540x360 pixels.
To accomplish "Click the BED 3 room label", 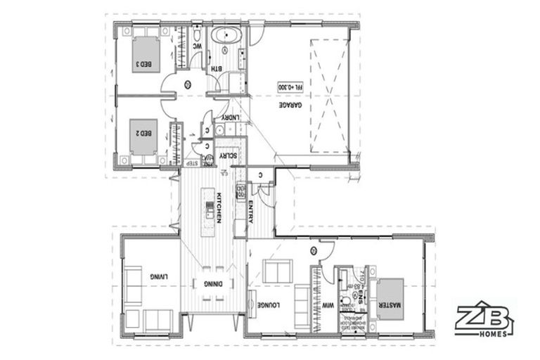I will point(143,65).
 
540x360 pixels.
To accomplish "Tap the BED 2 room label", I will point(143,132).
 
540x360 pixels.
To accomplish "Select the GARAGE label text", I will point(285,114).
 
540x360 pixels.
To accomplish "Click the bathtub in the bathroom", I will point(226,35).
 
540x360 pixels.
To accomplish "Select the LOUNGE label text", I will point(264,308).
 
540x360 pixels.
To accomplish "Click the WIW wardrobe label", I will point(327,307).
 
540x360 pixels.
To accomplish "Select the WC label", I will point(198,47).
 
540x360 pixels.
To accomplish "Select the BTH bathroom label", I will point(217,69).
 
